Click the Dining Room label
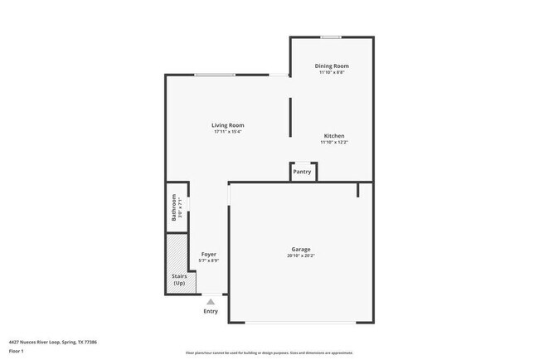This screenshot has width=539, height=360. coord(332,66)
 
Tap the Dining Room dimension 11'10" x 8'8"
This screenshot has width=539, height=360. coord(332,72)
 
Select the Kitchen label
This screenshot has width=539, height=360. coord(333,135)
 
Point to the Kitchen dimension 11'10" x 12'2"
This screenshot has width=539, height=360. coord(333,142)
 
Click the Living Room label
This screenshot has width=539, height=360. coord(228,125)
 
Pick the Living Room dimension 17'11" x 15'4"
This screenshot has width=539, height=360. coord(228,132)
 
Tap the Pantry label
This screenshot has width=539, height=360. coord(302,172)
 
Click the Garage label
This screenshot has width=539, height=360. coord(300,249)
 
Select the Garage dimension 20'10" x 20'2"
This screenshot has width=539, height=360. coord(300,255)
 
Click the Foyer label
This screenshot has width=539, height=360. coord(209,254)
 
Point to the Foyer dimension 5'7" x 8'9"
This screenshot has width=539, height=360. coord(209,260)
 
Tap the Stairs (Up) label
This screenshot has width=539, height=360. coord(179,280)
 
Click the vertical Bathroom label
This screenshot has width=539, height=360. coord(174,207)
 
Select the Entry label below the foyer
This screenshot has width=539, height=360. coord(211,311)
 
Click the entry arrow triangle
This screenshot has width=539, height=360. coord(211,302)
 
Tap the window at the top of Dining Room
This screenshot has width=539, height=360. coord(331,36)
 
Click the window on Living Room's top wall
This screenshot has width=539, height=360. coord(213,75)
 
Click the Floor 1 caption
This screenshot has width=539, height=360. coord(17,350)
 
